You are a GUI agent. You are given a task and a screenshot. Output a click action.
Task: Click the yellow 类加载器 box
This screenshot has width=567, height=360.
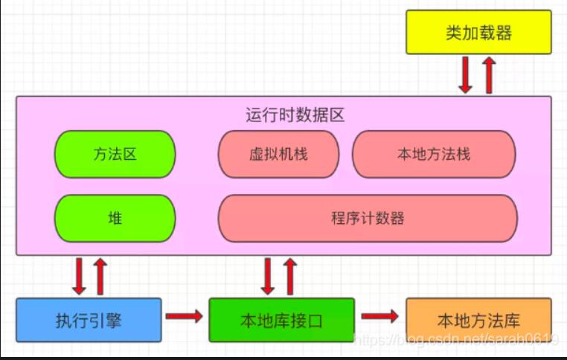point(478,33)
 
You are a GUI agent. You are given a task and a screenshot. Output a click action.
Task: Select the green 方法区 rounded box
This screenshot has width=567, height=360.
point(115,154)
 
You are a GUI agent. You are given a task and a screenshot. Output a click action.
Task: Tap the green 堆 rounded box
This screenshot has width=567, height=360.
point(115,218)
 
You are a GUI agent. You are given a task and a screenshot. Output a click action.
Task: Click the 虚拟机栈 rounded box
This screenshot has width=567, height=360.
point(278,154)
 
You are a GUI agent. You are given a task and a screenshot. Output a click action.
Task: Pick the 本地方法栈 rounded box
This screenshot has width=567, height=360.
point(434,154)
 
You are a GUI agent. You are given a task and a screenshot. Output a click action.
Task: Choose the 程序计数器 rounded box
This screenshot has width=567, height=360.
point(368,218)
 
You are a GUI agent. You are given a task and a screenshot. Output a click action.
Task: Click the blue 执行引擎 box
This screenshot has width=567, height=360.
point(89,320)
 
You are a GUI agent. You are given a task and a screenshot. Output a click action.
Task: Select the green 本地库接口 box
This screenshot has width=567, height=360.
point(281,320)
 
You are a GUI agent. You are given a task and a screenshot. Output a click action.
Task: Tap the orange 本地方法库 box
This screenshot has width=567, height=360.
point(478,320)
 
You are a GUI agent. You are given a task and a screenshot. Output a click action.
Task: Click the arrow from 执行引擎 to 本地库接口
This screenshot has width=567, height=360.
point(184,317)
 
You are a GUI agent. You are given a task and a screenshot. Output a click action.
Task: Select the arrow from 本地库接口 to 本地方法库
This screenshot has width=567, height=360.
point(380,317)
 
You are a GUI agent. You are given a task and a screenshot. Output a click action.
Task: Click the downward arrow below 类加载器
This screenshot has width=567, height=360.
point(466,74)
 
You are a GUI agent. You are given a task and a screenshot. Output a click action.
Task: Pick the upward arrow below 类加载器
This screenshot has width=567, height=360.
point(489,74)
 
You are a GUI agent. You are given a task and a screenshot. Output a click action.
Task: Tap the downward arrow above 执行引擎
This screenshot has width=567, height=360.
point(78,276)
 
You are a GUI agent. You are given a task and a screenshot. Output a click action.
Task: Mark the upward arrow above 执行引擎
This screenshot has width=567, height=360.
point(101,276)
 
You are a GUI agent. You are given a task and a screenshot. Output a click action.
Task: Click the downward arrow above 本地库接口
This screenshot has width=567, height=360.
point(267,276)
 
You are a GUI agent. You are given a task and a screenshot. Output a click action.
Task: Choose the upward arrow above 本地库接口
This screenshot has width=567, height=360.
point(290,276)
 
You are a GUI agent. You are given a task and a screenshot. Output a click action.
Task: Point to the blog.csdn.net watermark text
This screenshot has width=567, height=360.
point(456,340)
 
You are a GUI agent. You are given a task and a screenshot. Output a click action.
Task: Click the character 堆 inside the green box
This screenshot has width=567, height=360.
point(115,218)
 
